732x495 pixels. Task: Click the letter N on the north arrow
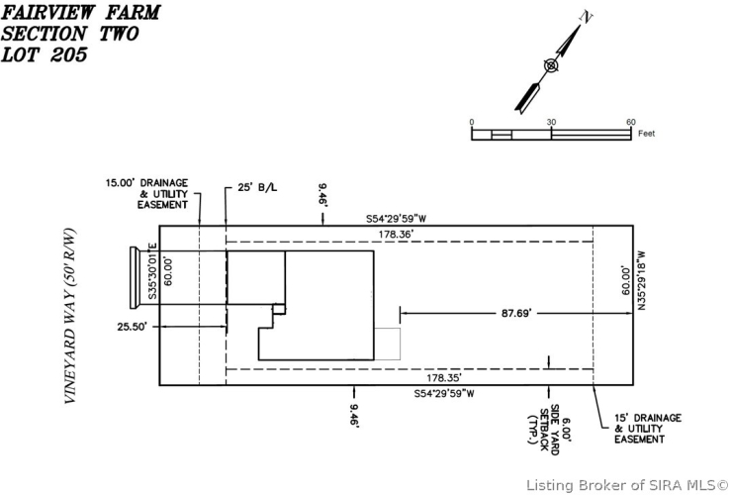[586, 17]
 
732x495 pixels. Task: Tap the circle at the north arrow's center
[551, 65]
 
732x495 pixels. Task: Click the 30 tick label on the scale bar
[551, 122]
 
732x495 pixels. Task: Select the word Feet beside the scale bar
[647, 134]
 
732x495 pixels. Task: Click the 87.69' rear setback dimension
[516, 313]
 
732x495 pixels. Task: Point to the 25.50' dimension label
[133, 327]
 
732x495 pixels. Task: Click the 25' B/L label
[257, 187]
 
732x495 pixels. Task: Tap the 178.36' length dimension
[396, 235]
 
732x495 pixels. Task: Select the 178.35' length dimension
[444, 377]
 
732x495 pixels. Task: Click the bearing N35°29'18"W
[642, 280]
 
